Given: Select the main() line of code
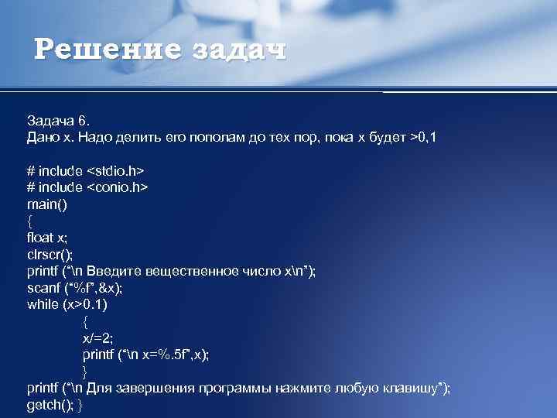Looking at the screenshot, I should pyautogui.click(x=46, y=204).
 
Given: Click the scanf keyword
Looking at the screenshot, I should pyautogui.click(x=43, y=287).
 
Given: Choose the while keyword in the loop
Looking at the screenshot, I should pyautogui.click(x=43, y=304).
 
